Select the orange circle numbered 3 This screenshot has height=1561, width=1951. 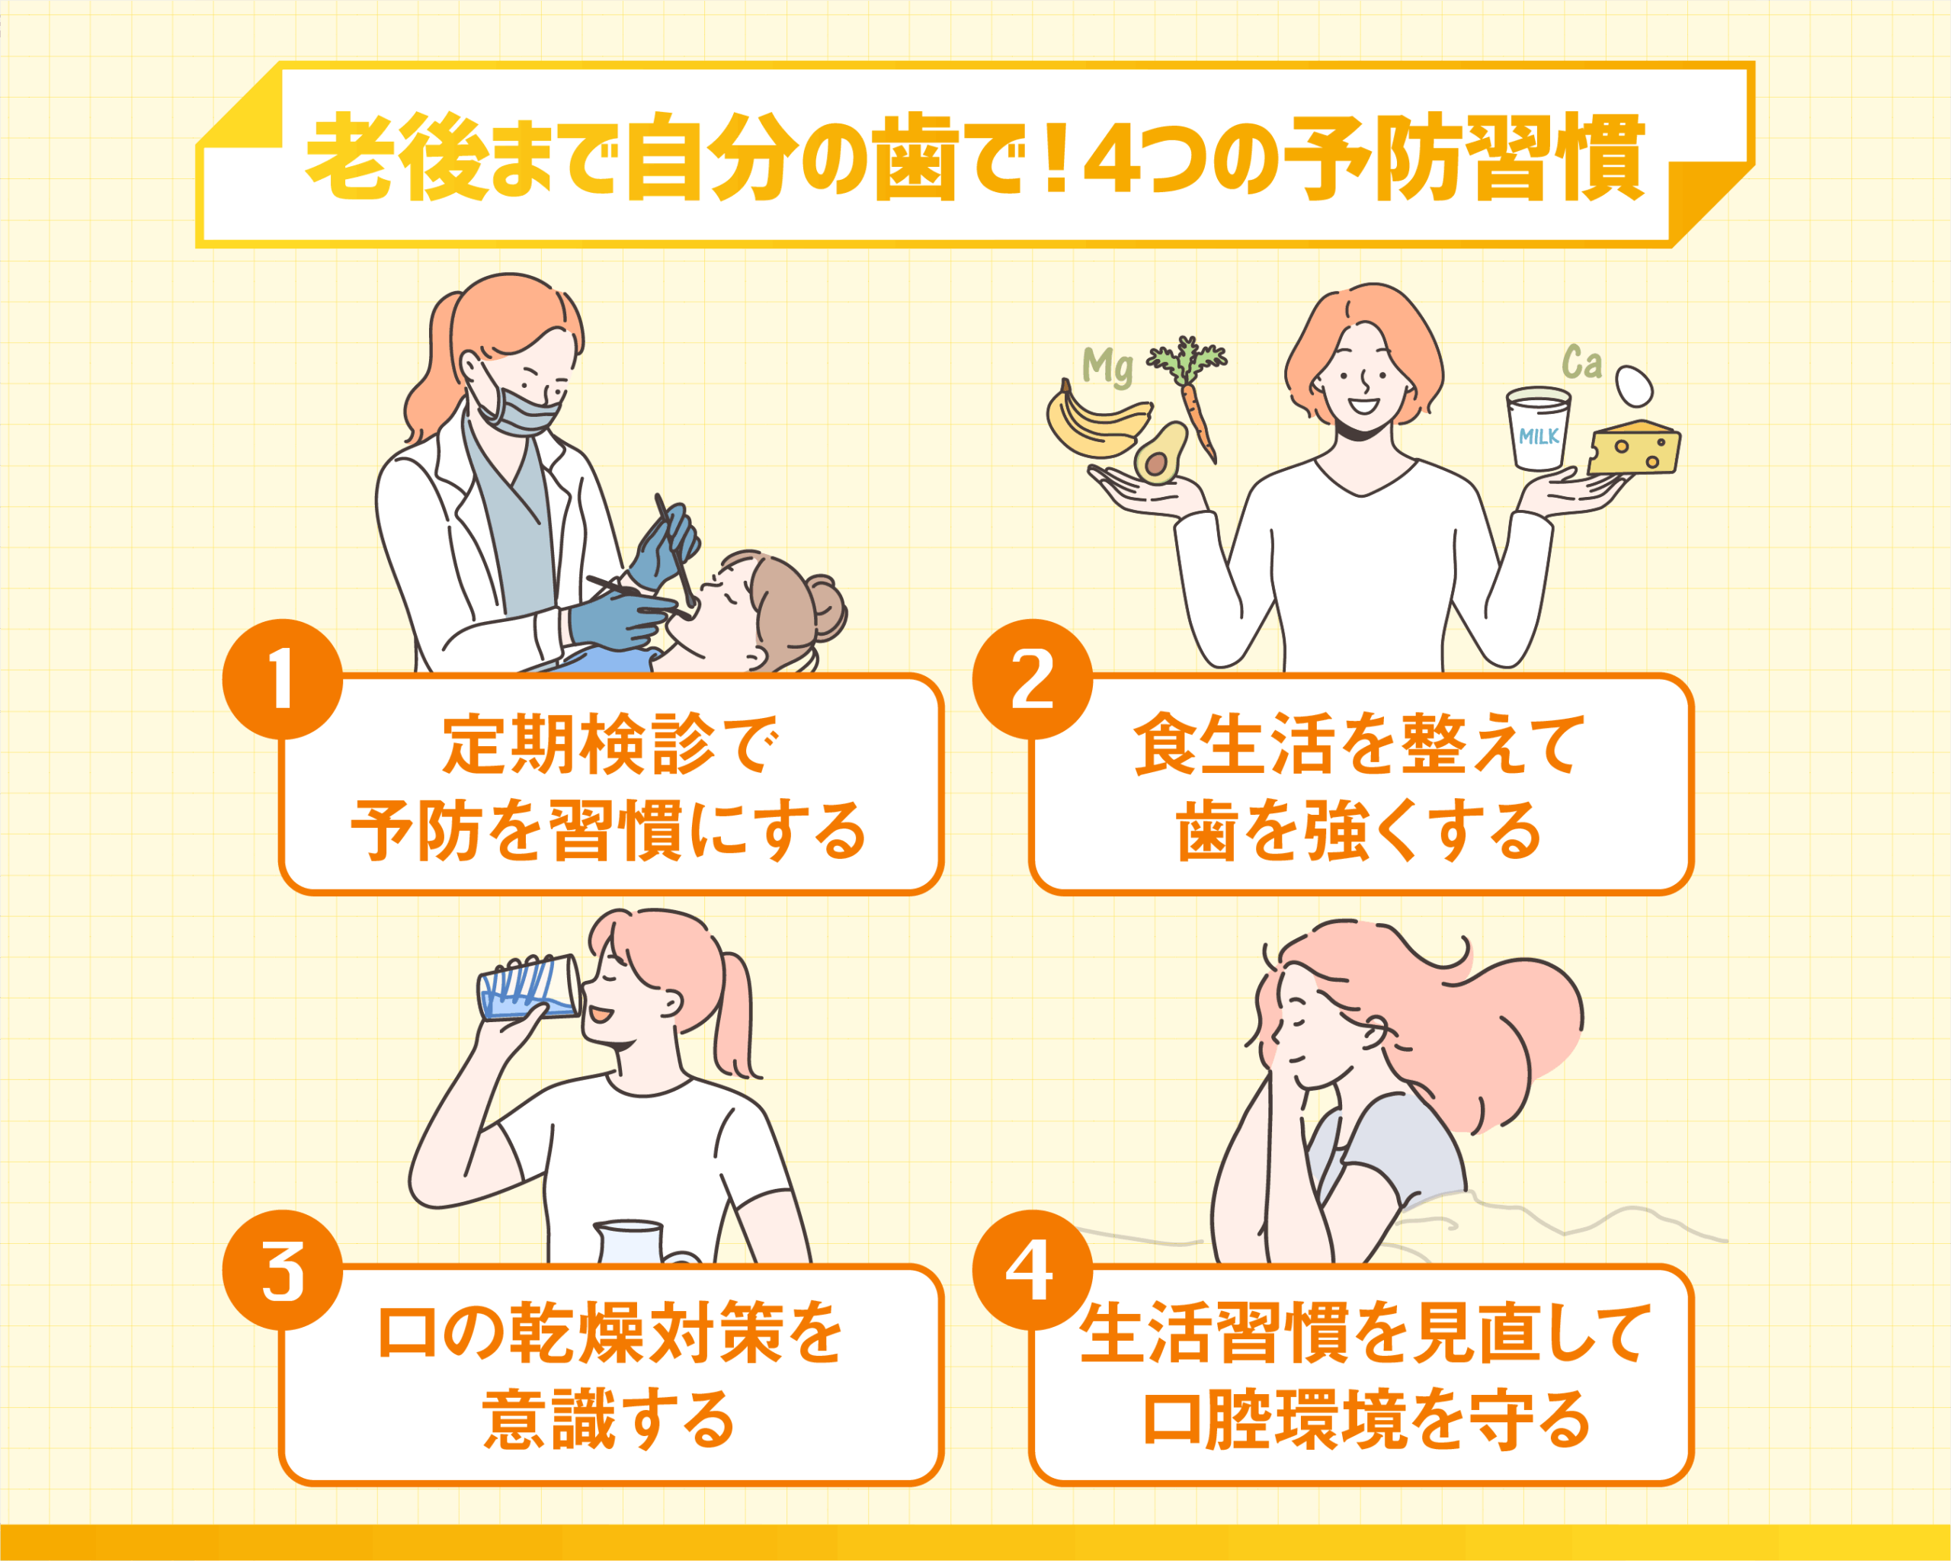282,1270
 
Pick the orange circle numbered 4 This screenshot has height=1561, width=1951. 1032,1270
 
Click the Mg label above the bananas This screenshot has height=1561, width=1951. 1107,367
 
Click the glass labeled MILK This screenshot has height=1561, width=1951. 1537,428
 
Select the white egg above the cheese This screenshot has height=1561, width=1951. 1634,386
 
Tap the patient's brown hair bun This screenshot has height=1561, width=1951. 825,606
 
